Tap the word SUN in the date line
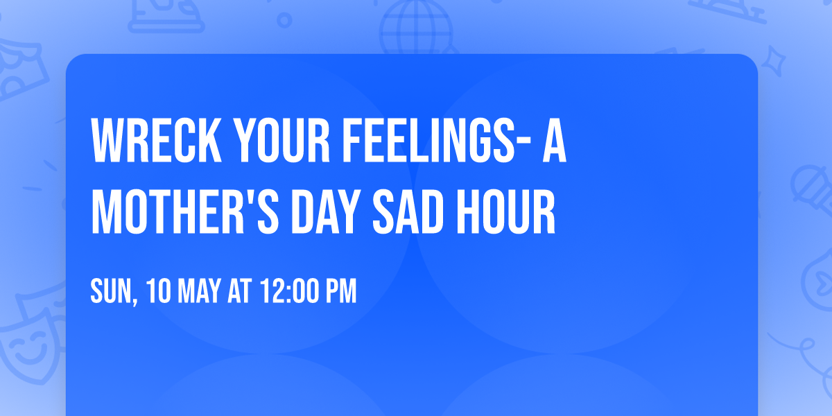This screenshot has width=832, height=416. tap(110, 292)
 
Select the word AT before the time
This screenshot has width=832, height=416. tap(240, 292)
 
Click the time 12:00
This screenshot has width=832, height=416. tap(288, 292)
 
